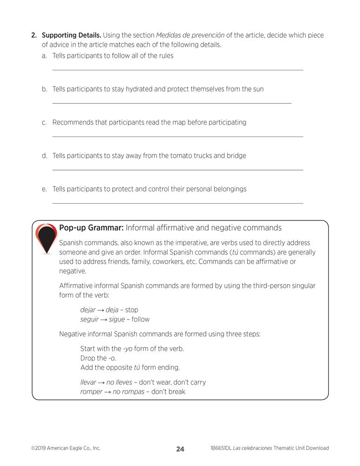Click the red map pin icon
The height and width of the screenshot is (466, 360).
[x=46, y=238]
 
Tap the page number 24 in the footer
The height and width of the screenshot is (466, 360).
[x=180, y=449]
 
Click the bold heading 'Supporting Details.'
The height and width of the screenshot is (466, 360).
[x=71, y=35]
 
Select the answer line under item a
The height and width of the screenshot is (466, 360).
[x=177, y=70]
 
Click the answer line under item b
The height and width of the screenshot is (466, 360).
[x=171, y=103]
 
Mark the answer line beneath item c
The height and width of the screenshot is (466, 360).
[x=177, y=137]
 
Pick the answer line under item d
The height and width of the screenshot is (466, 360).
[x=177, y=170]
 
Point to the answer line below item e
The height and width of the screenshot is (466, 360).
[x=177, y=203]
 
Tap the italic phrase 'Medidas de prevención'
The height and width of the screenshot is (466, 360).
[x=190, y=35]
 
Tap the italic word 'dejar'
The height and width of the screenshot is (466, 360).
[x=88, y=310]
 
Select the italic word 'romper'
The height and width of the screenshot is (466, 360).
[x=91, y=392]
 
